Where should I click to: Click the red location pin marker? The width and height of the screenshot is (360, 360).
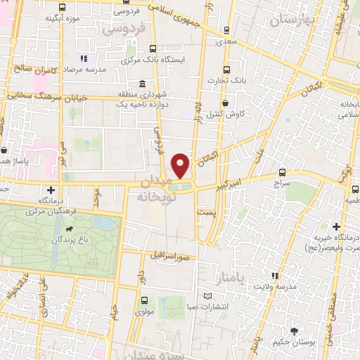click(x=181, y=166)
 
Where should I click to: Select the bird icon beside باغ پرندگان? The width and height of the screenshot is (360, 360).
click(x=70, y=229)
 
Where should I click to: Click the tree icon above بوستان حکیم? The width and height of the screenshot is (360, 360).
click(x=293, y=330)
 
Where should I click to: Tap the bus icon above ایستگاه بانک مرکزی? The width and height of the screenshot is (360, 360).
click(x=153, y=49)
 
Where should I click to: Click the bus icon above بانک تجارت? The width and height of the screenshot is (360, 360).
click(x=226, y=70)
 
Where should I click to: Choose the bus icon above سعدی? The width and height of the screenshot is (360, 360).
click(x=226, y=30)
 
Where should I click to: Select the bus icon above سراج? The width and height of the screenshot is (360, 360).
click(x=282, y=172)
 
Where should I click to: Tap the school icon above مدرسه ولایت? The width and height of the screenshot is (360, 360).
click(x=275, y=276)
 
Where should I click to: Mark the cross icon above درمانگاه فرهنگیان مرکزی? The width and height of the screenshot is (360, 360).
click(x=51, y=189)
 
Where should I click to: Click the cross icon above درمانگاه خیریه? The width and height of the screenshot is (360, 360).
click(x=337, y=226)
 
